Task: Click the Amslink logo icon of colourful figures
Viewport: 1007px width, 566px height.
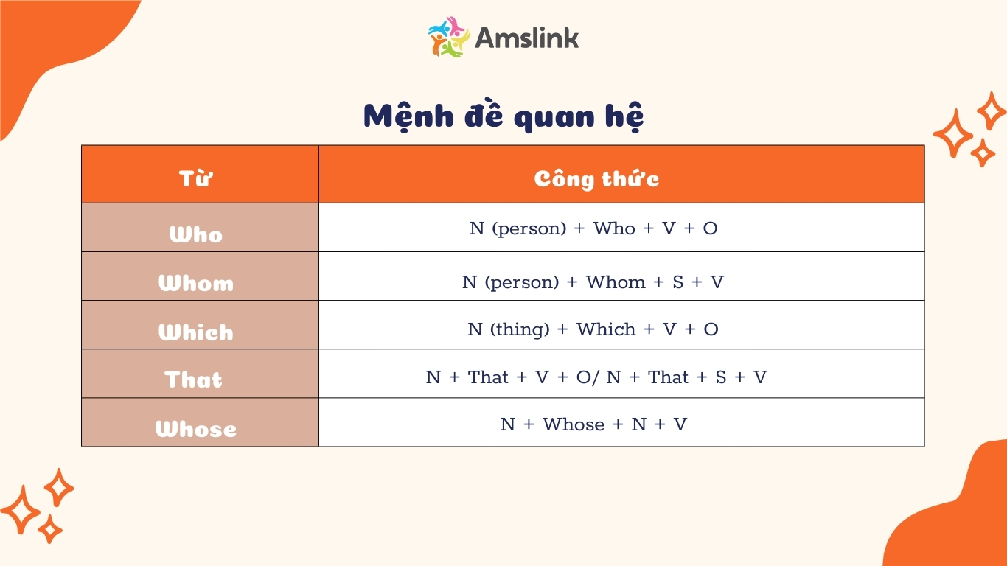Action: [x=449, y=38]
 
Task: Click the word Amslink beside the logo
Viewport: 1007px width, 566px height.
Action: [x=527, y=38]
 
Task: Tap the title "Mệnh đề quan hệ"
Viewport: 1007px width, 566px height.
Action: [x=503, y=117]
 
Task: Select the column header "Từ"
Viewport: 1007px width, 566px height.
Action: [x=195, y=178]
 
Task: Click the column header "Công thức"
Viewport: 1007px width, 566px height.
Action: [x=596, y=179]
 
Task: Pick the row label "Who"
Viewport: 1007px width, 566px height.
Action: [x=195, y=234]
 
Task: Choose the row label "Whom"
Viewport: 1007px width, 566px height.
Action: [x=196, y=283]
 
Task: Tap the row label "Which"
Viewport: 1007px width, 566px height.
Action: [x=196, y=332]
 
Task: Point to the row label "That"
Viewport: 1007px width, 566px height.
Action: [x=193, y=380]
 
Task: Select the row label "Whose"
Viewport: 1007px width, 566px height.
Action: [x=196, y=428]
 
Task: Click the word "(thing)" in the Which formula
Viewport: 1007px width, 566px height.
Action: [x=520, y=329]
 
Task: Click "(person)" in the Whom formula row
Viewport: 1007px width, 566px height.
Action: [x=522, y=282]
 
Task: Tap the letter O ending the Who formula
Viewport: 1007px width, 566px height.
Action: [x=711, y=228]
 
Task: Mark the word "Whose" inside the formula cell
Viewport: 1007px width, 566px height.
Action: [x=574, y=424]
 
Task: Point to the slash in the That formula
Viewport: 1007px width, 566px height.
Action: [x=596, y=377]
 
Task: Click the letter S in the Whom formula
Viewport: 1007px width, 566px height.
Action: [x=678, y=282]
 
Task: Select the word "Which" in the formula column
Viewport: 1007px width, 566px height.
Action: [x=607, y=329]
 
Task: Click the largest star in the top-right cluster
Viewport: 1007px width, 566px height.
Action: [x=953, y=133]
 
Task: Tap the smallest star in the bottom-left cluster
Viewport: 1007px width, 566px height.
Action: [x=50, y=529]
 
